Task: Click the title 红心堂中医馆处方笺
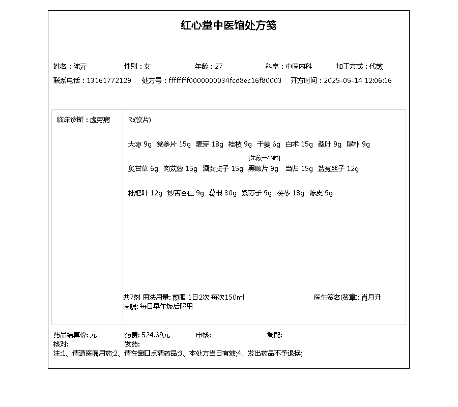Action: point(228,25)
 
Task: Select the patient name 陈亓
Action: point(80,66)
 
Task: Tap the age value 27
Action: point(219,66)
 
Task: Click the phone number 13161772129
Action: point(109,80)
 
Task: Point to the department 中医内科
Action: point(299,66)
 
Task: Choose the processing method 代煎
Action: point(376,66)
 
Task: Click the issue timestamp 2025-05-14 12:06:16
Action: point(358,80)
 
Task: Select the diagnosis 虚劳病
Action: point(100,120)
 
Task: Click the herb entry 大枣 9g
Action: point(140,144)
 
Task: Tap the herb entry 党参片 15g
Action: point(174,144)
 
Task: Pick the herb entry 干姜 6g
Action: point(269,144)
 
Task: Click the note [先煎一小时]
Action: point(264,158)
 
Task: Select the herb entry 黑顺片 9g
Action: point(263,169)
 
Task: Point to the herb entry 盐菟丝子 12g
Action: point(338,169)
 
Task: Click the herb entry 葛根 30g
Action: point(223,193)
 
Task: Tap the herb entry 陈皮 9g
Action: point(321,193)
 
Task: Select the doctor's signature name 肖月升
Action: point(371,297)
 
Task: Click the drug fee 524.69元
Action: point(156,335)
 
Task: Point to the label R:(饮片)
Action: point(139,120)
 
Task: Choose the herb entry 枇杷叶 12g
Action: point(145,193)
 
